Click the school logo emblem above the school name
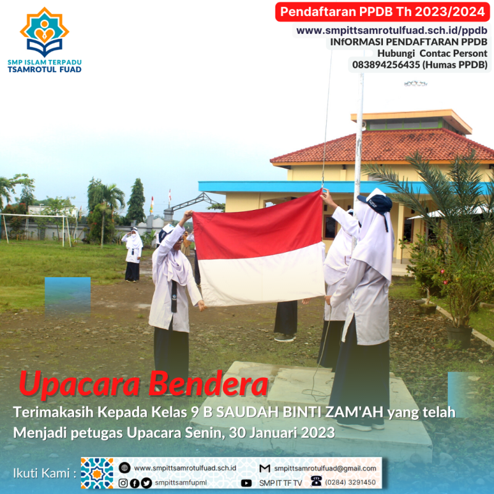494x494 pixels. (x=44, y=31)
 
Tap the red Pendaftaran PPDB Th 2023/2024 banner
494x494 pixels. (x=382, y=12)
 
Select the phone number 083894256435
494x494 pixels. (x=386, y=65)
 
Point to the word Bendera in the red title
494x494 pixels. (x=208, y=383)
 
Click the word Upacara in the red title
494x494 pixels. (x=79, y=384)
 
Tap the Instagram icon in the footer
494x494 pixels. (x=123, y=483)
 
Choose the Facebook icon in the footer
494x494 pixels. (x=135, y=483)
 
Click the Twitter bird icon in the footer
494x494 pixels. (x=146, y=483)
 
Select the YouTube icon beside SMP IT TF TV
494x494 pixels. (x=246, y=483)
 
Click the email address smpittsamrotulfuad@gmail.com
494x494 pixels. (x=325, y=469)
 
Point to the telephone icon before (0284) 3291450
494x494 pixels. (x=316, y=481)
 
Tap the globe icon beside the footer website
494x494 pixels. (x=125, y=468)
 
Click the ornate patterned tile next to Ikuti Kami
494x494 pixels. (x=97, y=473)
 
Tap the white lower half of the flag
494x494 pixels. (x=262, y=274)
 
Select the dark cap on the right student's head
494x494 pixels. (x=377, y=203)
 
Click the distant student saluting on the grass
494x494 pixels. (x=133, y=254)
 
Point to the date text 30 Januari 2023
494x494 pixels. (x=282, y=433)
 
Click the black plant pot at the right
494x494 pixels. (x=459, y=337)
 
